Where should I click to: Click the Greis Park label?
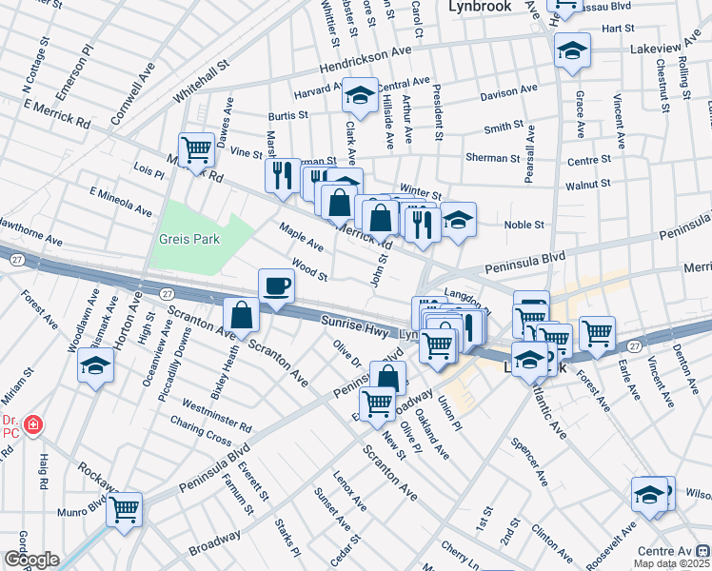click(190, 239)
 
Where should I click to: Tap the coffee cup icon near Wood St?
click(277, 285)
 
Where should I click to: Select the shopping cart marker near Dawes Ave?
click(196, 149)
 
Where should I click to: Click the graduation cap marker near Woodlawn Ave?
click(96, 365)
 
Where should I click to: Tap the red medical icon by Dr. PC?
click(33, 424)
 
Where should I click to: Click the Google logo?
click(30, 560)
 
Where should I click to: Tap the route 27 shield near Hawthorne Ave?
click(17, 259)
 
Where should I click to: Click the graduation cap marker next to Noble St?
click(458, 220)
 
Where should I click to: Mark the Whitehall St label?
click(203, 84)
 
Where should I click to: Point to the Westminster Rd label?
click(219, 414)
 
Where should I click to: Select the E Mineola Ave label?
click(121, 202)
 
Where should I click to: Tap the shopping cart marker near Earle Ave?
click(597, 333)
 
